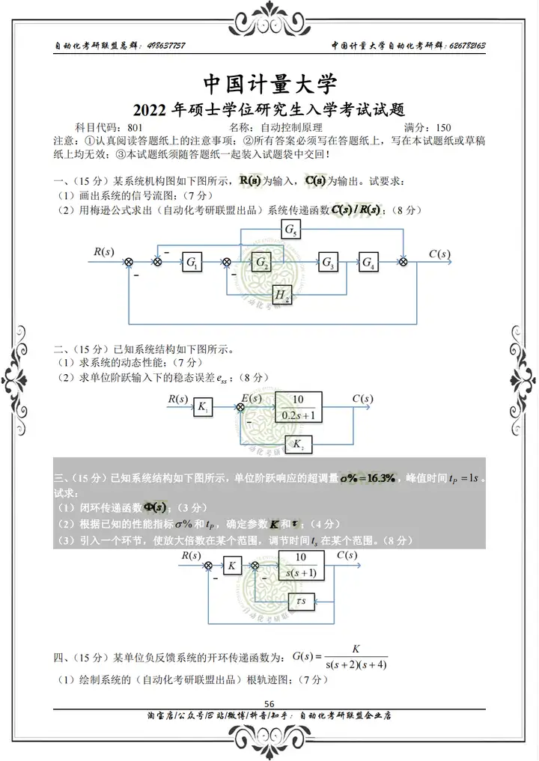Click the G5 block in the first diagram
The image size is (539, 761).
290,230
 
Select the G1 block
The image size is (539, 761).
192,263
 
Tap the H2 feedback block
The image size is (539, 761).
282,296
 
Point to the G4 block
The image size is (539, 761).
369,263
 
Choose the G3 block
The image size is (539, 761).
328,263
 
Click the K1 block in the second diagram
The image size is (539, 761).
202,407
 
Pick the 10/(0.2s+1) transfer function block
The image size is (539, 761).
298,407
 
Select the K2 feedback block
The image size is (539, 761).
298,445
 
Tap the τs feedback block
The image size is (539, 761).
301,600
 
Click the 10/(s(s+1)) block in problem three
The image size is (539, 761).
301,565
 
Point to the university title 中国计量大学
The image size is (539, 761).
270,82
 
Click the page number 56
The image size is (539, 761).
269,703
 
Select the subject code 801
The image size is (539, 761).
136,127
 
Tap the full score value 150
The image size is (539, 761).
442,127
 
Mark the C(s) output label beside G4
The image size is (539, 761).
440,254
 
